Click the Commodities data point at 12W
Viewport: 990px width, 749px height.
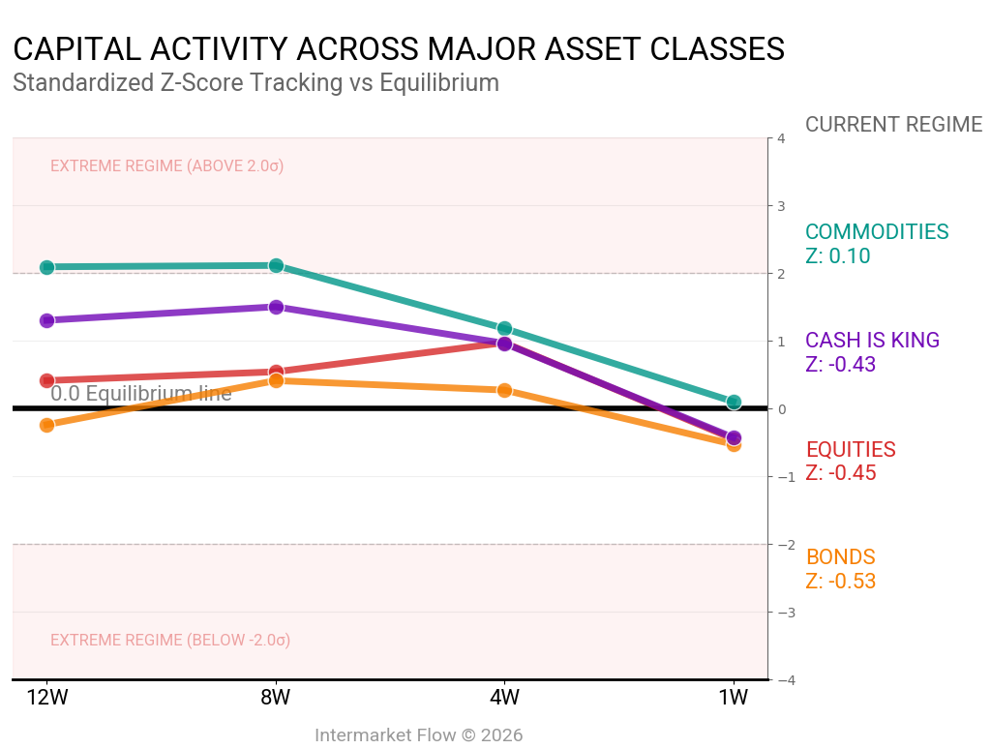pos(46,267)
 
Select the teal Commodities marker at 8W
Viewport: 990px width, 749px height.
pos(276,265)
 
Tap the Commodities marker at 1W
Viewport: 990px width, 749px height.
pos(734,402)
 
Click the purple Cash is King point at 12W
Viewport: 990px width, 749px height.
pos(46,320)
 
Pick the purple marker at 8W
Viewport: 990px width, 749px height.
pos(276,307)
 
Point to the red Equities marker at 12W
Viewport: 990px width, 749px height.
pos(46,381)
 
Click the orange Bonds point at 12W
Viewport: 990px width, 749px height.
pos(46,425)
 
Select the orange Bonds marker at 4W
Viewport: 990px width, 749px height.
pos(504,390)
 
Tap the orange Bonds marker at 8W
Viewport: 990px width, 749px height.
pos(276,380)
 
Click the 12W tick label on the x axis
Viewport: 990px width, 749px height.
pos(46,698)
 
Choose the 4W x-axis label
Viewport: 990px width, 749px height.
pos(504,698)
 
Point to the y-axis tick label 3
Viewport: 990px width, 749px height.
pos(780,206)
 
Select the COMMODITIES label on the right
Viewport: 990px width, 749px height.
pos(877,232)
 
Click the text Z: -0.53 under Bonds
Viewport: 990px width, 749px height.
pos(840,582)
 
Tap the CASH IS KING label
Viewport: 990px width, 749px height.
pos(872,341)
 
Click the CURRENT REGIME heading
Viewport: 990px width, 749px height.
pos(893,125)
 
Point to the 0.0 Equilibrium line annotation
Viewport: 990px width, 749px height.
pos(141,394)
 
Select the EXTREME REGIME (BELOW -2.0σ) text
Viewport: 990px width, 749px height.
pos(170,641)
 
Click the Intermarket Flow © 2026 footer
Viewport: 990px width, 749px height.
pos(419,735)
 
